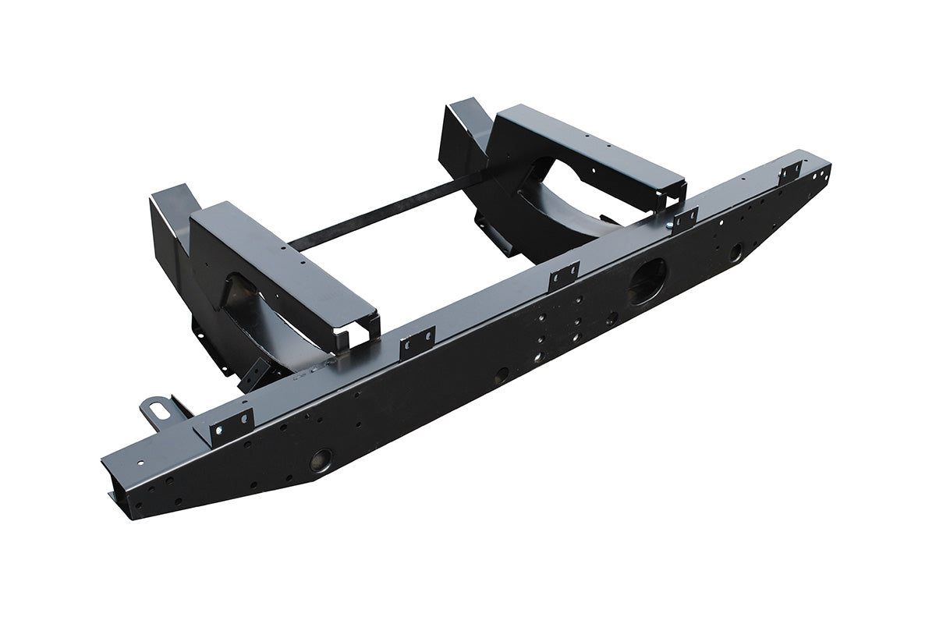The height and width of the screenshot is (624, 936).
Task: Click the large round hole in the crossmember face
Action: (648, 280)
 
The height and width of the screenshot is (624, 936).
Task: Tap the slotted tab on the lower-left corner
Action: (154, 408)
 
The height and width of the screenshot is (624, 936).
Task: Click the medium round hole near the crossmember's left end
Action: (321, 459)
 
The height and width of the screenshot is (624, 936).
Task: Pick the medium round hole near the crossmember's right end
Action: (735, 251)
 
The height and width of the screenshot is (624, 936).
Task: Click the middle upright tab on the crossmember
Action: (564, 273)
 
